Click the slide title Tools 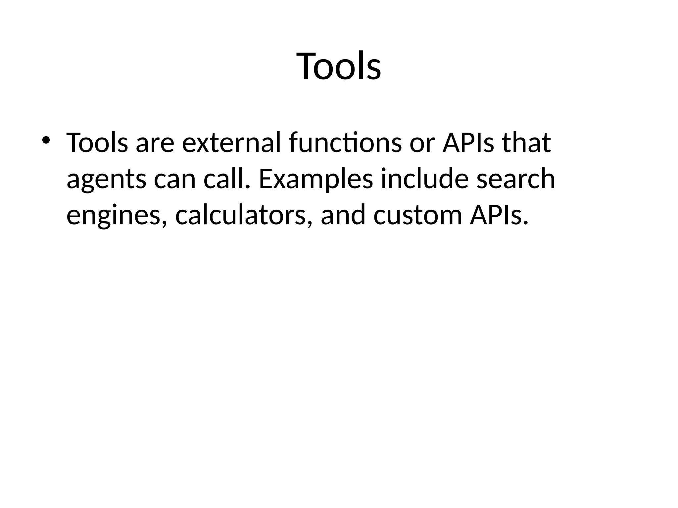[339, 66]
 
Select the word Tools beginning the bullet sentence [97, 143]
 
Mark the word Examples [315, 180]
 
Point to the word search [515, 179]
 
